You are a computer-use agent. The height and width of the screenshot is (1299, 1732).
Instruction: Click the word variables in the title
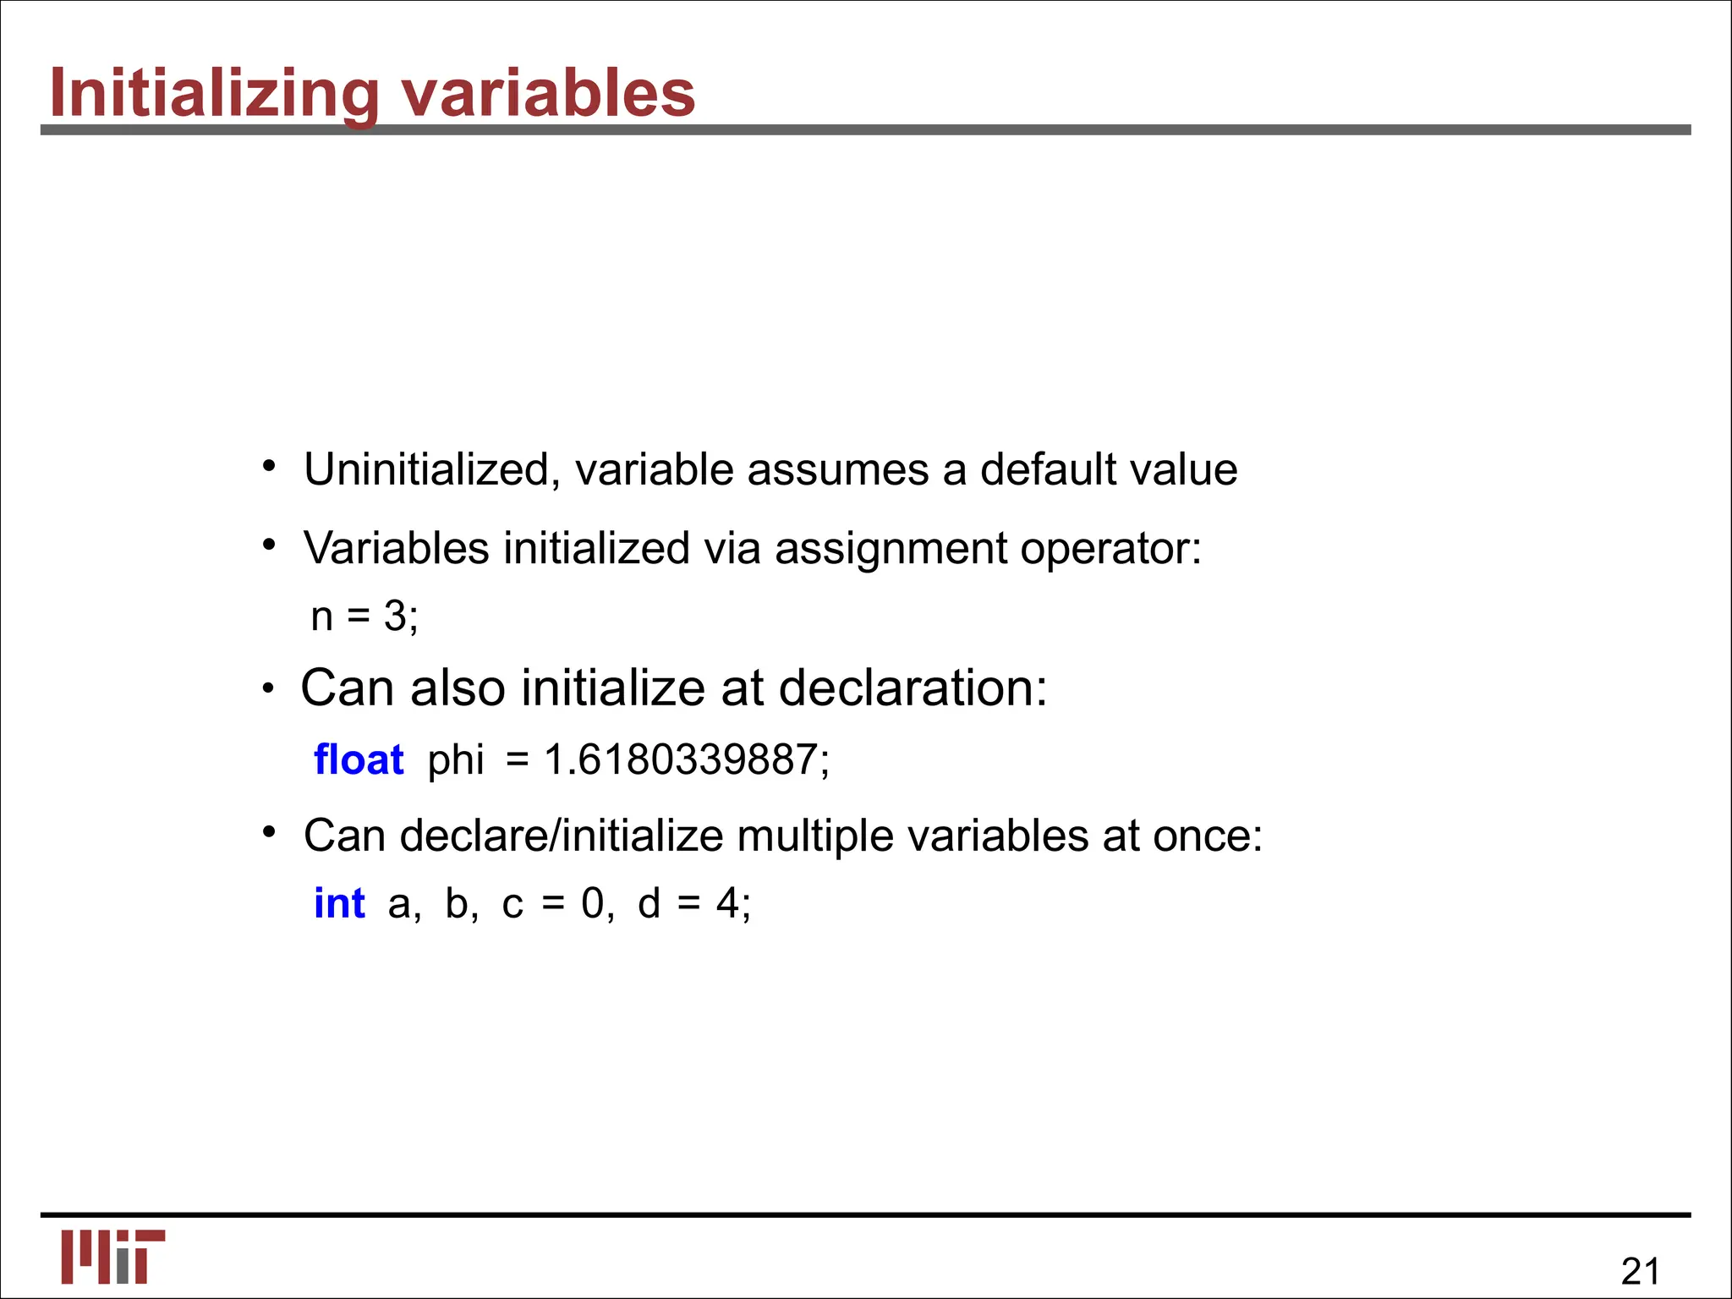coord(548,93)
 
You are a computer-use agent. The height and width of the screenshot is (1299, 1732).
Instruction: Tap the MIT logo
coord(112,1257)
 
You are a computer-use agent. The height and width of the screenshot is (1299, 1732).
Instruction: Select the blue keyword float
coord(359,759)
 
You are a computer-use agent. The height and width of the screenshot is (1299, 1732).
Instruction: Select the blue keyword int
coord(339,903)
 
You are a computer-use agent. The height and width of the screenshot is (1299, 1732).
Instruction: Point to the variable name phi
coord(455,759)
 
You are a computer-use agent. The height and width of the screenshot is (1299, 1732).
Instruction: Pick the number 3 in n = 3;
coord(395,616)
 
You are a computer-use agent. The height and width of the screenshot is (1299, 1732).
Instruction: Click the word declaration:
coord(913,688)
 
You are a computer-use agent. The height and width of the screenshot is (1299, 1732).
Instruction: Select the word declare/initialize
coord(561,836)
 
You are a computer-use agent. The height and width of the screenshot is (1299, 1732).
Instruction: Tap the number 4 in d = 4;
coord(727,903)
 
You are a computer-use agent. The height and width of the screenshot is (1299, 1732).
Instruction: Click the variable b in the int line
coord(457,903)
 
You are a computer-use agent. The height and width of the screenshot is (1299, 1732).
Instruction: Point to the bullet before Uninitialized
coord(269,466)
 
